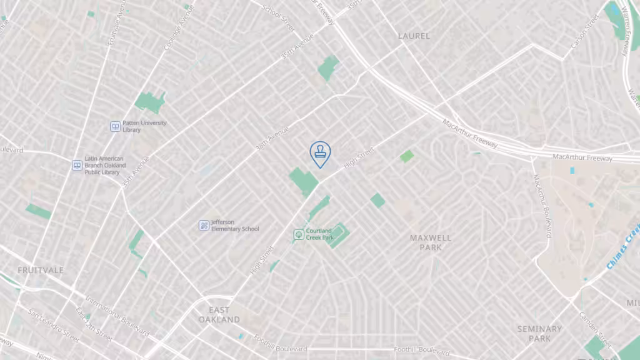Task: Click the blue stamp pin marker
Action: click(320, 152)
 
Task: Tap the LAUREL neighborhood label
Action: click(414, 36)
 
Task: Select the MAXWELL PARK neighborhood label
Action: click(431, 242)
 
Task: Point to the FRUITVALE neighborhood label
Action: click(41, 270)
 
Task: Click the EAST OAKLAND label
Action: click(219, 314)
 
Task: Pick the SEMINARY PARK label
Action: click(539, 333)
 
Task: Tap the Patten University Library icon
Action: click(115, 126)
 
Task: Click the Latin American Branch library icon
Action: click(77, 165)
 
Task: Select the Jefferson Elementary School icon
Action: click(204, 225)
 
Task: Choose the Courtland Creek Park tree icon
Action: click(299, 234)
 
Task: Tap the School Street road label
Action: click(279, 19)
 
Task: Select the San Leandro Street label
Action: click(53, 325)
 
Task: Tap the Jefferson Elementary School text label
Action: click(234, 226)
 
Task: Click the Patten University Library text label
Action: click(145, 126)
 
